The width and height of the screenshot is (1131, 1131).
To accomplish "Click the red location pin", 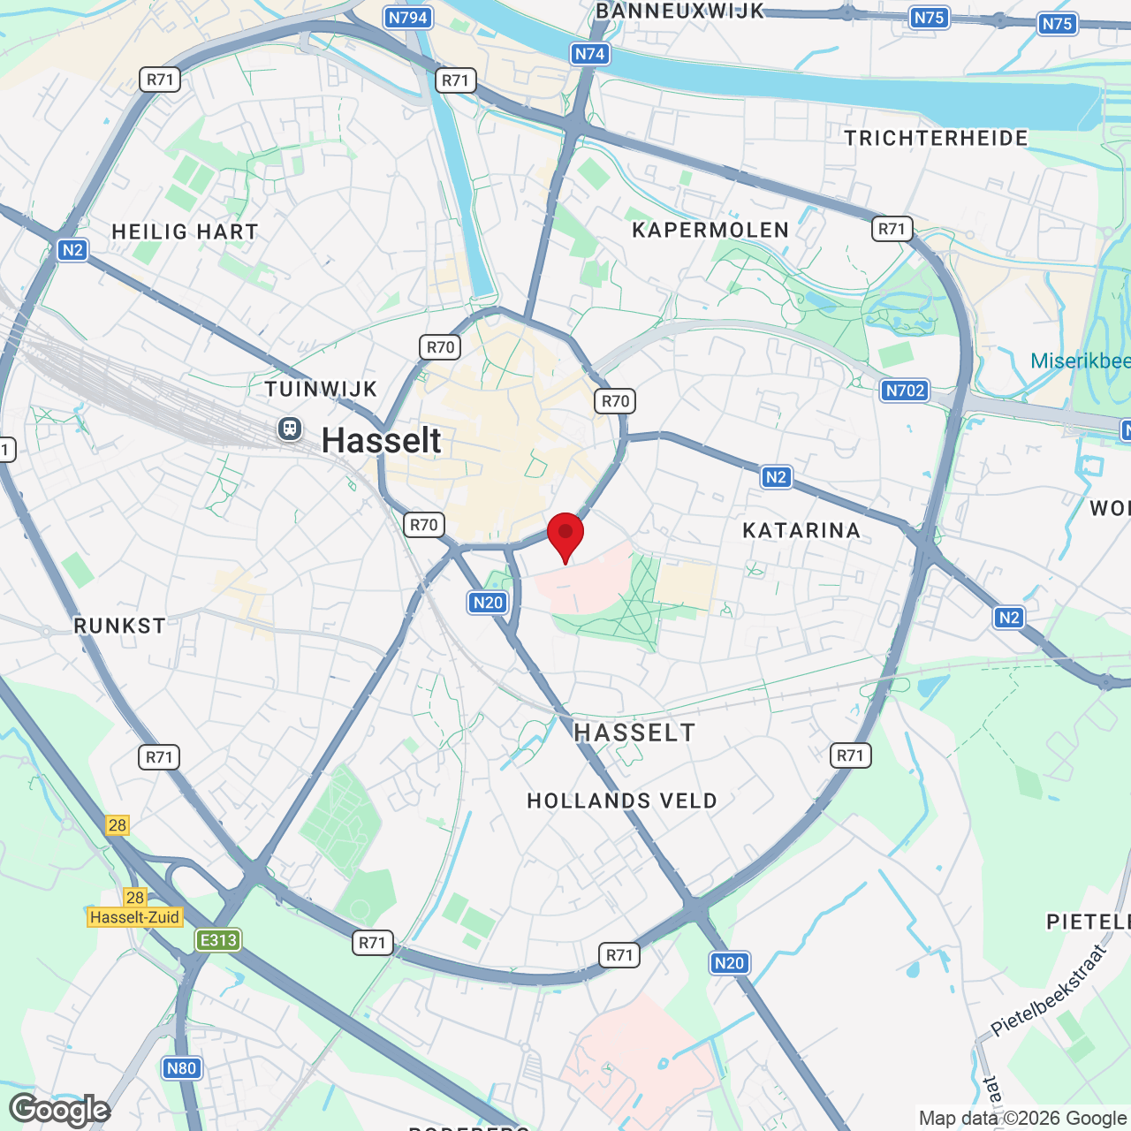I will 565,533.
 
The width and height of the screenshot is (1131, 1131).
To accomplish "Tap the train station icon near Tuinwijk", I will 289,429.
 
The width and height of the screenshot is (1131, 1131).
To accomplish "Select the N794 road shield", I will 407,18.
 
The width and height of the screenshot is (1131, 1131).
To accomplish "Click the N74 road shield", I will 589,54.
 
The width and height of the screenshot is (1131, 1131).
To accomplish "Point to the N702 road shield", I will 905,391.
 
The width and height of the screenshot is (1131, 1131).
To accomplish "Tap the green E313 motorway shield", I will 218,940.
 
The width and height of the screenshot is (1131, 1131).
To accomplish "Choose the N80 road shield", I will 181,1068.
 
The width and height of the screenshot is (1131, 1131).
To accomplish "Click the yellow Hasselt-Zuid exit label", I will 134,917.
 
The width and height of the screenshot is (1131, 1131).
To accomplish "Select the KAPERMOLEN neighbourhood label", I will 710,231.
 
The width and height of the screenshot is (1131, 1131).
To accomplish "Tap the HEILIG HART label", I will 185,232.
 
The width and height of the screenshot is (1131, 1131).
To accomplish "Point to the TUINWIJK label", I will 322,389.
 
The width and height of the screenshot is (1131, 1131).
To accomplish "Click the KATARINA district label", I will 801,530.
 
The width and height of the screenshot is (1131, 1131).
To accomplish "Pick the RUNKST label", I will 119,626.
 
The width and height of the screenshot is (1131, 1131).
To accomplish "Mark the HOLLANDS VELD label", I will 622,801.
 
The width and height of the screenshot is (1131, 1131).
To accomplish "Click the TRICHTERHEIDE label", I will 936,138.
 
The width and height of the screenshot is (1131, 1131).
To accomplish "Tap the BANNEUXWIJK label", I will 679,11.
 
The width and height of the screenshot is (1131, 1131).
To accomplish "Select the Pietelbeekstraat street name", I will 1049,990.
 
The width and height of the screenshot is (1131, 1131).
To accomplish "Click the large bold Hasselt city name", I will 381,440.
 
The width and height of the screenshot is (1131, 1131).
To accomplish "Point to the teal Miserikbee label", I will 1080,361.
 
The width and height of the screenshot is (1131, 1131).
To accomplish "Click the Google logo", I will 60,1110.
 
